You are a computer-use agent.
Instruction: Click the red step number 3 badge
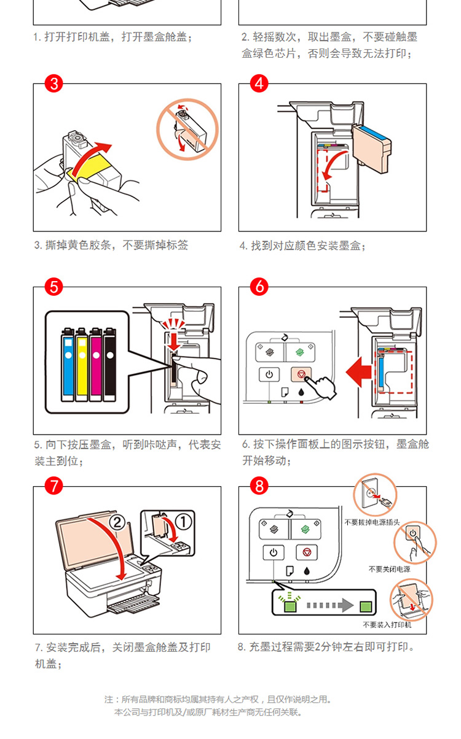tap(53, 83)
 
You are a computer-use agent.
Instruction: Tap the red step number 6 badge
tap(259, 287)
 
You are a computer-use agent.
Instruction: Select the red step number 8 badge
tap(259, 486)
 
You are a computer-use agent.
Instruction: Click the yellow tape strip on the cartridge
tap(89, 169)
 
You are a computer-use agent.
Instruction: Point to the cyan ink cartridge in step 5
tap(68, 364)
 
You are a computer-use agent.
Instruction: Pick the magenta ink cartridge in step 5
tap(96, 364)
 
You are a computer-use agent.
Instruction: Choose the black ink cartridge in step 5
tap(110, 364)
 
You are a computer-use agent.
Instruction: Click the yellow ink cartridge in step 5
tap(82, 364)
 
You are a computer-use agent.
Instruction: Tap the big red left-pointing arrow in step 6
tap(359, 372)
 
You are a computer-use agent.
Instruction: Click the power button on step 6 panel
tap(269, 374)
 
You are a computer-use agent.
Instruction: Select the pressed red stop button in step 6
tap(301, 374)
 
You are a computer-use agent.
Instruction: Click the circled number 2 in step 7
tap(117, 522)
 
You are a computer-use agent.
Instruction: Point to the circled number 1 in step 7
tap(183, 522)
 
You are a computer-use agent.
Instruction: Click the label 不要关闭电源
tap(390, 570)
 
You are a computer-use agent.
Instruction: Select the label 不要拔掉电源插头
tap(372, 522)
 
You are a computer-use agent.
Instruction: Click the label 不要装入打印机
tap(387, 625)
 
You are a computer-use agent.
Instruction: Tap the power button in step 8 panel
tap(274, 552)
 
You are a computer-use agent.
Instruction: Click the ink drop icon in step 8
tap(307, 571)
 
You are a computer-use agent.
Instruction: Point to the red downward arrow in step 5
tap(174, 342)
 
